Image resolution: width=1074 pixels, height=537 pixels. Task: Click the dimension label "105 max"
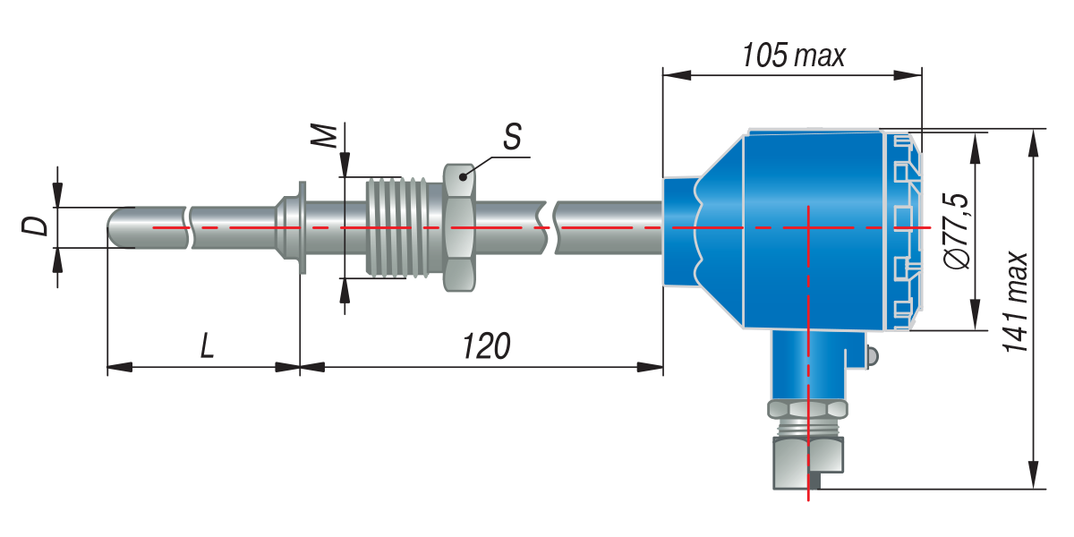click(794, 55)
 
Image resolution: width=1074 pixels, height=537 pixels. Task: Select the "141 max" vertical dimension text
click(1016, 303)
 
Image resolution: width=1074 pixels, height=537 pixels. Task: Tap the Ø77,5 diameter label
click(956, 231)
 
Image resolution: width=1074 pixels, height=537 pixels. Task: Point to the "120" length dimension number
click(486, 346)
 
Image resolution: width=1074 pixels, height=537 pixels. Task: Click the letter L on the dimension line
click(207, 345)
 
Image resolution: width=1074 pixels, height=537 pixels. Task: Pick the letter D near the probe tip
click(35, 226)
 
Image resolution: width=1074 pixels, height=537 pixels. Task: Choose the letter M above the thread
click(323, 136)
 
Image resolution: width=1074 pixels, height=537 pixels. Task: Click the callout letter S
click(512, 137)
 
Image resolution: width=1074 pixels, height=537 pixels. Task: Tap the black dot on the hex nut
click(463, 177)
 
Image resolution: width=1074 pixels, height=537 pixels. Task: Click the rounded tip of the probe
click(115, 227)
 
